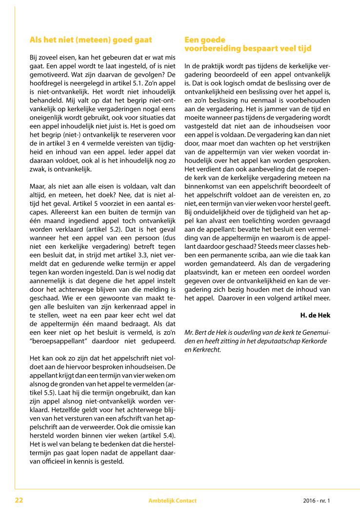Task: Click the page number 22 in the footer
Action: (x=19, y=500)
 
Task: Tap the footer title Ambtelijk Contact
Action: (x=173, y=501)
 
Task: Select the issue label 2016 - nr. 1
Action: (x=317, y=501)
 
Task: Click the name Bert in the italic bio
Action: (x=202, y=332)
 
